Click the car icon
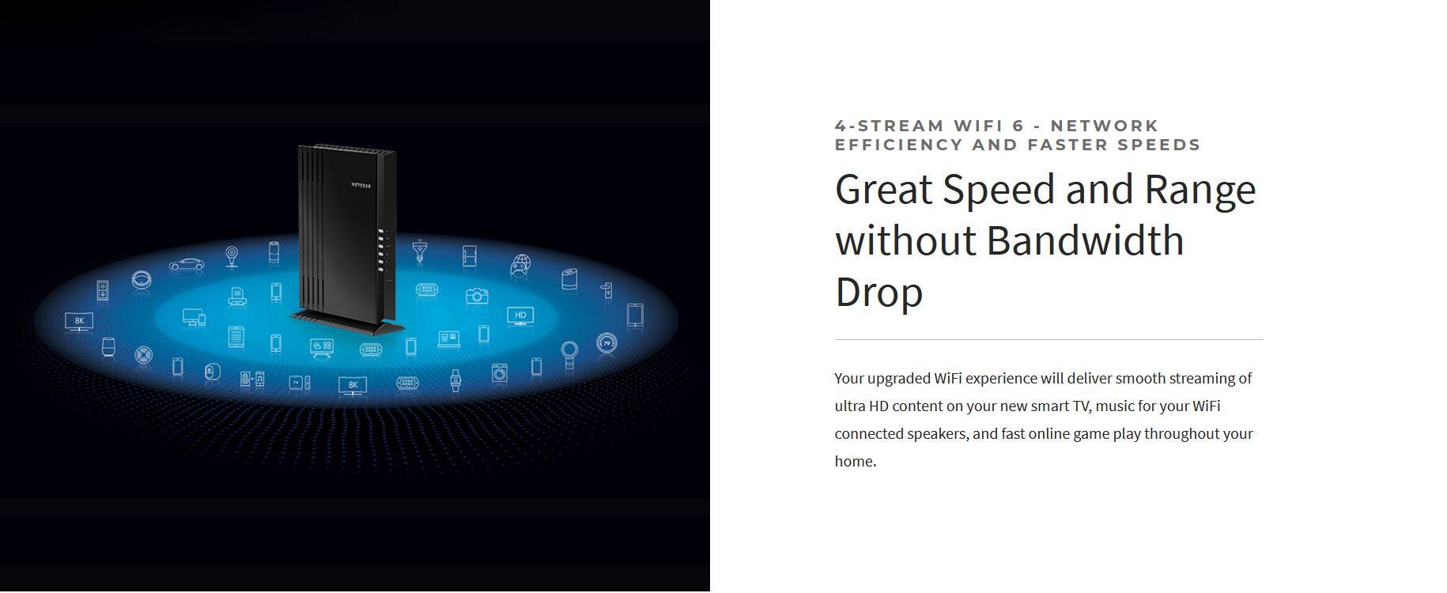[187, 265]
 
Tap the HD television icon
[520, 316]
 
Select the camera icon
[476, 296]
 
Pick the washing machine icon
[500, 372]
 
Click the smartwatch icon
[455, 380]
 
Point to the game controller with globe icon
[520, 265]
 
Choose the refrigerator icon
[470, 256]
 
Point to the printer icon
[236, 296]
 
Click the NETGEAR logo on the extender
[361, 186]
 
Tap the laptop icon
[449, 339]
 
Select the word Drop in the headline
[879, 292]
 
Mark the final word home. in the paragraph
[856, 461]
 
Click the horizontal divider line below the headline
[1048, 340]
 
